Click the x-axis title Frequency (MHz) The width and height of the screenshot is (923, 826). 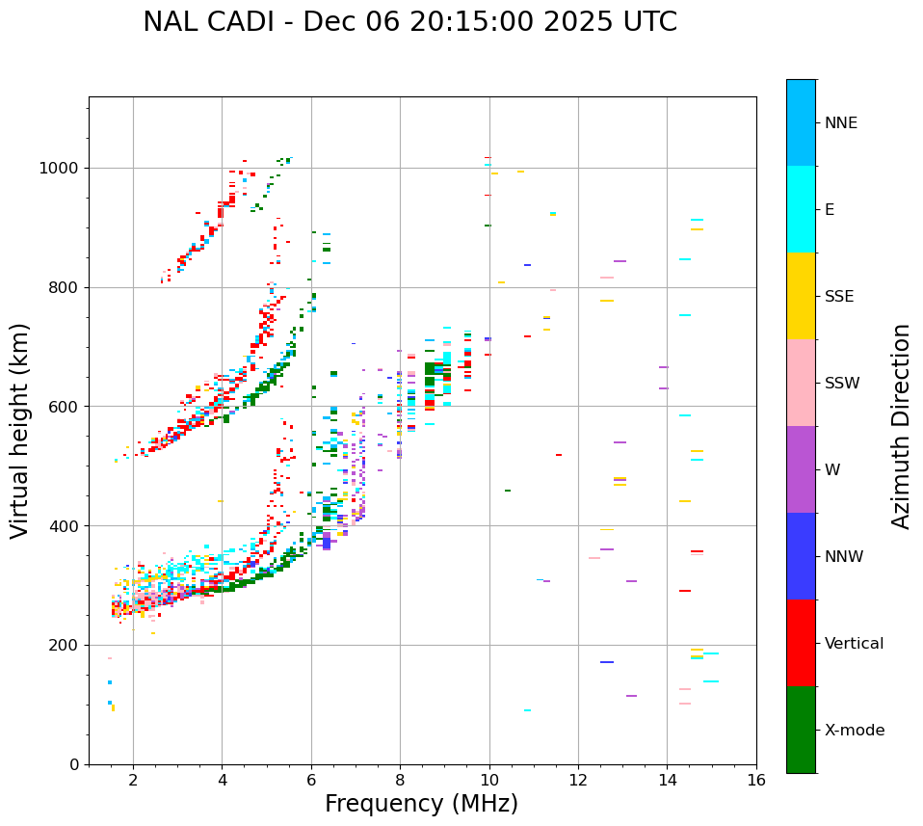(421, 804)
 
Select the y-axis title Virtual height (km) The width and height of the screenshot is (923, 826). (20, 430)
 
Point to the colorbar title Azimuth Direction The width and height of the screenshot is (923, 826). (901, 426)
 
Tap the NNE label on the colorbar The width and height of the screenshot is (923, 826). (840, 123)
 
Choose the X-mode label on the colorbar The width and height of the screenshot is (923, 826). (854, 731)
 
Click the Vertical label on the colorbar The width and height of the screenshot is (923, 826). (854, 644)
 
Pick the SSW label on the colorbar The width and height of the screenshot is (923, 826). (842, 384)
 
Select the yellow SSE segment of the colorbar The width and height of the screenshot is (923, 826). (801, 296)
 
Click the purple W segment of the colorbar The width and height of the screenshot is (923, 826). (801, 469)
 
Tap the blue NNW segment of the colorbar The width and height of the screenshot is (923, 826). (801, 556)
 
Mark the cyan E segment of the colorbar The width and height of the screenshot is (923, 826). (801, 209)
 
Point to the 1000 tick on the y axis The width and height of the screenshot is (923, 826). (63, 168)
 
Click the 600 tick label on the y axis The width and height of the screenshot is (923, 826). (67, 407)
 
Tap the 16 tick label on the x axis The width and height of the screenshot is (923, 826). (756, 780)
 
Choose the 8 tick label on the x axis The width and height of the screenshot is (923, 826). (400, 780)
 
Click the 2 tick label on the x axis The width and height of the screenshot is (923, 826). (133, 780)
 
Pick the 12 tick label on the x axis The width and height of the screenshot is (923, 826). (578, 780)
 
